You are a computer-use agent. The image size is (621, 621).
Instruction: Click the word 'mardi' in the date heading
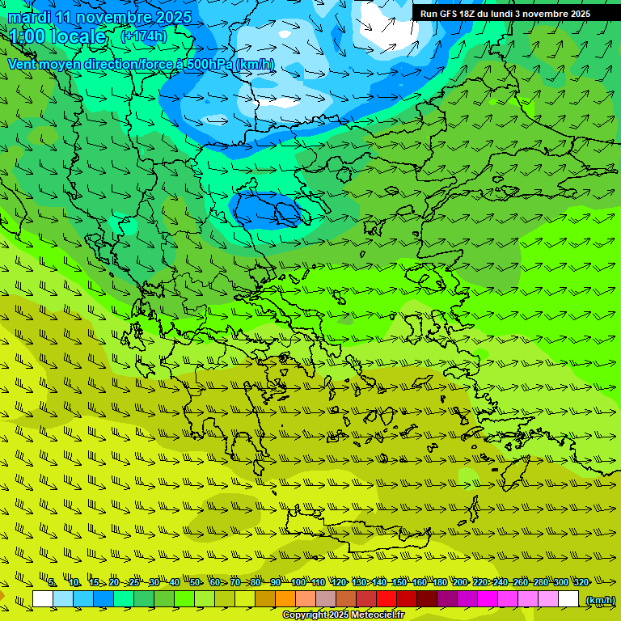pos(29,17)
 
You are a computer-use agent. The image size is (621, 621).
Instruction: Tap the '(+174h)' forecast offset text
pos(144,36)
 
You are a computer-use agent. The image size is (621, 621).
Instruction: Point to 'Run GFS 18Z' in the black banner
pos(447,14)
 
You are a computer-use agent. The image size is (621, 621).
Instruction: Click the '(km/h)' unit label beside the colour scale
pos(599,600)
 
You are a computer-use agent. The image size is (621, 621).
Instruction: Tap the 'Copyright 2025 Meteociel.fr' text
pos(343,615)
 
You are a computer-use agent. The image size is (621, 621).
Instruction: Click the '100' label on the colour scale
pos(298,582)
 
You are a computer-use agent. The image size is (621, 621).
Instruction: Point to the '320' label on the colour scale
pos(581,582)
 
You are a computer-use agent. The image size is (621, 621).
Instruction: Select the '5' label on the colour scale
pos(52,582)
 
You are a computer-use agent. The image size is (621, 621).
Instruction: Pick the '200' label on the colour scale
pos(459,582)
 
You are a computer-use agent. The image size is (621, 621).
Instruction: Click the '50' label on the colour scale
pos(195,582)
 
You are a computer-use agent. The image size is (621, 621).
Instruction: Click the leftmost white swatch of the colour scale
pos(43,599)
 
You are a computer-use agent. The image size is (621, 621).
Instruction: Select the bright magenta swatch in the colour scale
pos(488,599)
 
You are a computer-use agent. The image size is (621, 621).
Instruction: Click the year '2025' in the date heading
pos(173,17)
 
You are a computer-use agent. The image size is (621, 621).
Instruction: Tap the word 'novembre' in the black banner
pos(547,14)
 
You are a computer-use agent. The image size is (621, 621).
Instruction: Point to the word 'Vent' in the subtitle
pos(22,65)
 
